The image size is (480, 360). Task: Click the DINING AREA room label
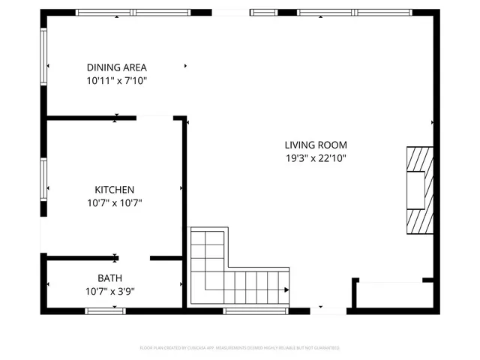115,67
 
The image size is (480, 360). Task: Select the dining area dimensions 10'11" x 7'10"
115,79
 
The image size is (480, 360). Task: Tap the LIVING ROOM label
315,145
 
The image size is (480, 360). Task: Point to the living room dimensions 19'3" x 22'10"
315,158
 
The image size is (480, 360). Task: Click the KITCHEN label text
114,190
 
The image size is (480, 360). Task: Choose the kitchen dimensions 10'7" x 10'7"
114,202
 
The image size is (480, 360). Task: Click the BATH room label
109,278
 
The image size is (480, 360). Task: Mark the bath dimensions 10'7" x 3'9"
109,291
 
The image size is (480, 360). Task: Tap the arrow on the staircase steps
286,289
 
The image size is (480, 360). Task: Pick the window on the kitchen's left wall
43,180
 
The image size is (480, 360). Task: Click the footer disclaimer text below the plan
240,348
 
